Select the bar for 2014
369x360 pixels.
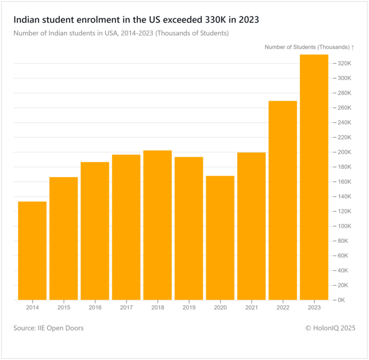[32, 250]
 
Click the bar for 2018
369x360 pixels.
[157, 225]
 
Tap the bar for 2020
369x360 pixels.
[220, 238]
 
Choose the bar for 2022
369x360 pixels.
[282, 200]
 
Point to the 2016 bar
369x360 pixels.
[95, 230]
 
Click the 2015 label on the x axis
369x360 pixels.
[64, 307]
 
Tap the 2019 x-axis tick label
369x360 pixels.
[189, 307]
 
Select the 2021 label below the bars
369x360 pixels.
[251, 307]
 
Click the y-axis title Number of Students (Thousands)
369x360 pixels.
[306, 47]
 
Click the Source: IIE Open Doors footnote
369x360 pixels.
[48, 328]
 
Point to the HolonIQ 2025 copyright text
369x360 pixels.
[330, 328]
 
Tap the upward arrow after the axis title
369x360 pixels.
[353, 47]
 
